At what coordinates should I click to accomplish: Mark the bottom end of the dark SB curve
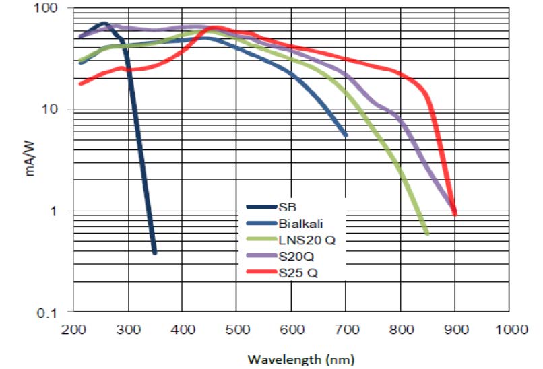tap(154, 253)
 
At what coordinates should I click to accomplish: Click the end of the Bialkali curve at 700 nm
tap(346, 135)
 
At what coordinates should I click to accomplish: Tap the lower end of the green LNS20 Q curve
tap(427, 234)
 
